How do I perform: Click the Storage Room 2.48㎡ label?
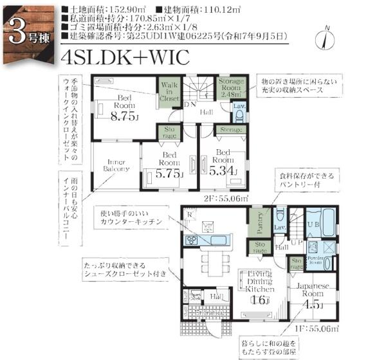point(230,88)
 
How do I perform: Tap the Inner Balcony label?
point(116,166)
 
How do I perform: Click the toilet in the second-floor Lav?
point(238,116)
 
